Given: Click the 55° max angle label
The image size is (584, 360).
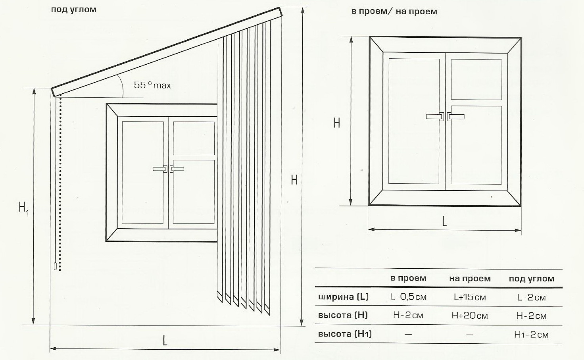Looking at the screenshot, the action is coord(152,85).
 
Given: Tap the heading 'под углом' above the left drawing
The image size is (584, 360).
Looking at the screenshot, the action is coord(74,10).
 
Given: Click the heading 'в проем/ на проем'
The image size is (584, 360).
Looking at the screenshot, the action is coord(394,12).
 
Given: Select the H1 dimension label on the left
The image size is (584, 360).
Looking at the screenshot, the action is coord(23,209).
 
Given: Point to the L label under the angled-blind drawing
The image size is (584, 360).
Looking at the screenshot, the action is coord(165,341).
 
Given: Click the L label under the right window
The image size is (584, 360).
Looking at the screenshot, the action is coord(444,222).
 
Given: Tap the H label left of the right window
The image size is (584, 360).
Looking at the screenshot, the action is coord(336,123).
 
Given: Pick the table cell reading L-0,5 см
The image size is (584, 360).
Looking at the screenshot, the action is coord(408,296).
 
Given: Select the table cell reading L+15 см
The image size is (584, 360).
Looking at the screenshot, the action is coord(470,297).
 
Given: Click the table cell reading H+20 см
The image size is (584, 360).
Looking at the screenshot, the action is coord(470,316).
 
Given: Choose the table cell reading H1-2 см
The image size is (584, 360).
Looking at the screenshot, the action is coord(531,335).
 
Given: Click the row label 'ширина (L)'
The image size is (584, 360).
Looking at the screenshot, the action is coord(343,296).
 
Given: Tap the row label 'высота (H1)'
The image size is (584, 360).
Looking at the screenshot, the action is coord(345,334).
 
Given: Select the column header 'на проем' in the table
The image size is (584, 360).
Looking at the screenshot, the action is coord(470,278).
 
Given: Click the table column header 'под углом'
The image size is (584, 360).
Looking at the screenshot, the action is coord(532,279).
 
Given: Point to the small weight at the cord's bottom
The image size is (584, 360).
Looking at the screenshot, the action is coord(55,266).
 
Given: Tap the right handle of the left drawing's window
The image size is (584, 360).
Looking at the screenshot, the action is coord(177,169).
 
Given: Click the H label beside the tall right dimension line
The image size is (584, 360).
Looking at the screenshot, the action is coord(294,180).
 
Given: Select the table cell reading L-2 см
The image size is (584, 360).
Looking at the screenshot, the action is coord(531,297).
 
